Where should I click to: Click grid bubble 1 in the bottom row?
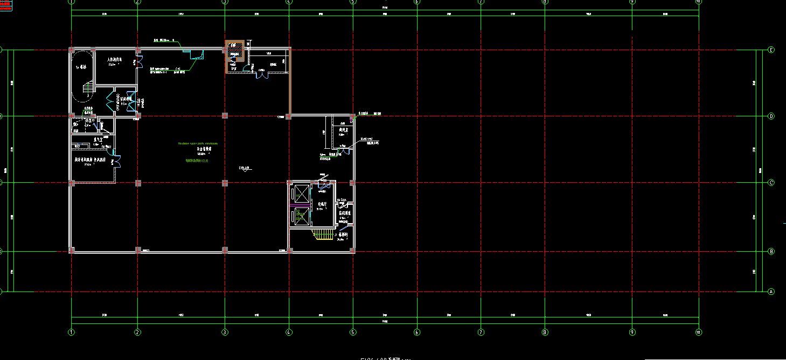coord(71,332)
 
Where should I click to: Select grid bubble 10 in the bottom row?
coord(698,332)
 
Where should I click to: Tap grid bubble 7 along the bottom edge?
coord(481,332)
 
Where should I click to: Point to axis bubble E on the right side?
coord(771,50)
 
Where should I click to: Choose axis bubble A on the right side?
coord(771,292)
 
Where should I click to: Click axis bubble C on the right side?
coord(771,183)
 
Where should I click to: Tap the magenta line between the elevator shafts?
coord(300,206)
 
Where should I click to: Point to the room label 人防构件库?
coord(115,60)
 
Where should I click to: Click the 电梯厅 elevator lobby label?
coord(322,204)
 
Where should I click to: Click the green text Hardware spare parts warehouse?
coord(198,144)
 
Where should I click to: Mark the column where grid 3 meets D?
coord(225,115)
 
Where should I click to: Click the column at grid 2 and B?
coord(138,250)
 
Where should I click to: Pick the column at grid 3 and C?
coord(225,183)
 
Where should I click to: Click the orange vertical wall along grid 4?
coord(290,81)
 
